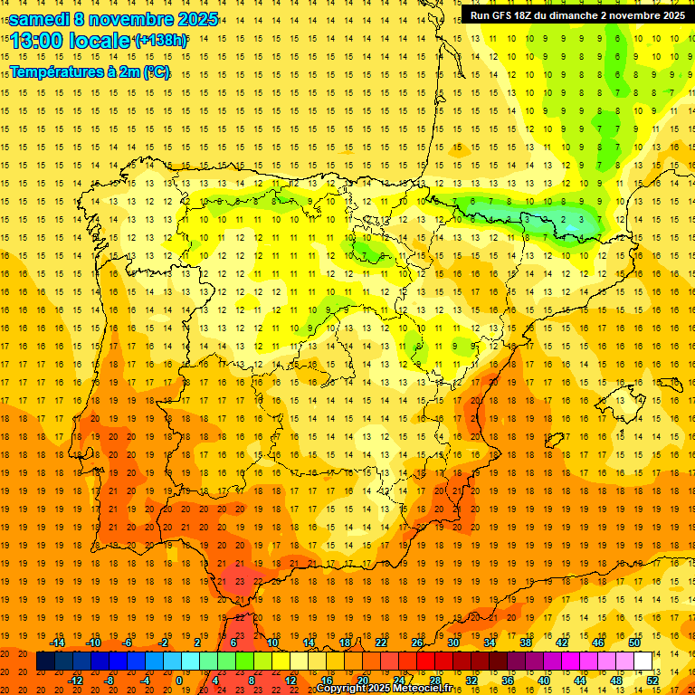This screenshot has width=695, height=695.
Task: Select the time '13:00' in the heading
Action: tap(33, 40)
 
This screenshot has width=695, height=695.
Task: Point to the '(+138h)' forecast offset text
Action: tap(161, 40)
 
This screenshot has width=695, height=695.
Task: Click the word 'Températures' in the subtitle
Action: tap(56, 71)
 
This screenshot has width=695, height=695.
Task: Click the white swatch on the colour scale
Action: tap(643, 662)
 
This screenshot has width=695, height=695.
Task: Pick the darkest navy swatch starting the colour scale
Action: tap(45, 662)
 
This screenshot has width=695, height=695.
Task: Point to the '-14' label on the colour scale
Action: tap(57, 643)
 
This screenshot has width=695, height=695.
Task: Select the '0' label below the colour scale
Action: tap(178, 681)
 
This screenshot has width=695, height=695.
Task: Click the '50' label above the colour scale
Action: tap(634, 643)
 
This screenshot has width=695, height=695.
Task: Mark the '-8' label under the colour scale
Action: tap(109, 681)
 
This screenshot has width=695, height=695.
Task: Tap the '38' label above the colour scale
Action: tap(525, 643)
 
